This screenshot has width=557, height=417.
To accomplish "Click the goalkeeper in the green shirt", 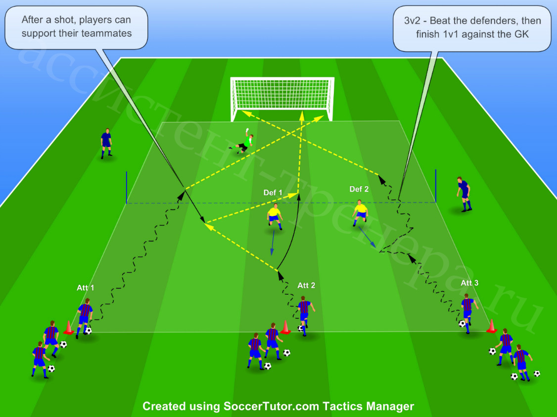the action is click(242, 142).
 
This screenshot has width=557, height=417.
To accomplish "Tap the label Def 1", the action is click(273, 193).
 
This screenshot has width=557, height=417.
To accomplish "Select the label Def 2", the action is click(359, 189).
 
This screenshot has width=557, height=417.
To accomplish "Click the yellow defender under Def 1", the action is click(275, 217).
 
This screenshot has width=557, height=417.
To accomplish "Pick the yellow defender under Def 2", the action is click(360, 212).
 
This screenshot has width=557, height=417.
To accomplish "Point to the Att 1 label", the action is click(86, 288).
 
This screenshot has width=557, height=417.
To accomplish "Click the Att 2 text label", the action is click(306, 285).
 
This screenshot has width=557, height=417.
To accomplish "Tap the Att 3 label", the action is click(469, 283).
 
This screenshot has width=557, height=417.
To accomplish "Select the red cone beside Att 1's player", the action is click(69, 327).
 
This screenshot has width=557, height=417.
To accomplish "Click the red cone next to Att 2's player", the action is click(285, 327).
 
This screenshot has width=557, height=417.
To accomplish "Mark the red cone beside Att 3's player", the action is click(492, 326).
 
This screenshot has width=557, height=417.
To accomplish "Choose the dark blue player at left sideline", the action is click(106, 143).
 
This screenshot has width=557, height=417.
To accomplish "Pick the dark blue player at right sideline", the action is click(464, 194).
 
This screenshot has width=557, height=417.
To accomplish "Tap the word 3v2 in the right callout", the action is click(412, 21).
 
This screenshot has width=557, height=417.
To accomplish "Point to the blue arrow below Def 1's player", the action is click(273, 243).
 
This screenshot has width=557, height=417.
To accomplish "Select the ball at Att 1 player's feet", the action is click(88, 331).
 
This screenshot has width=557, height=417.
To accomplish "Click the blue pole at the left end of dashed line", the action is click(127, 188).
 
